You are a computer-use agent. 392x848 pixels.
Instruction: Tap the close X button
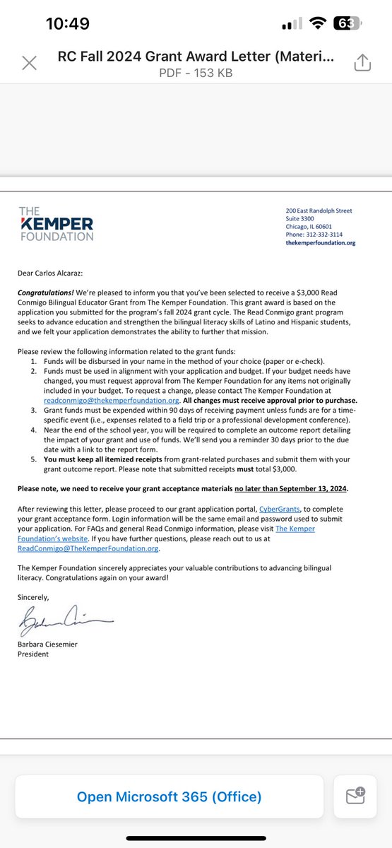[30, 62]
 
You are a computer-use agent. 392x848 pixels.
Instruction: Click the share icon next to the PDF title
[362, 62]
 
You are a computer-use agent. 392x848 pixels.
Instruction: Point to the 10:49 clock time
[67, 23]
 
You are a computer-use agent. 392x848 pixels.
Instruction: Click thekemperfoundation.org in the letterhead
[320, 242]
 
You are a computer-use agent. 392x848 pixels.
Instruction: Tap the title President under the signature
[33, 654]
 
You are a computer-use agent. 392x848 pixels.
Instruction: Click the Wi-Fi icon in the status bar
[319, 23]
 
